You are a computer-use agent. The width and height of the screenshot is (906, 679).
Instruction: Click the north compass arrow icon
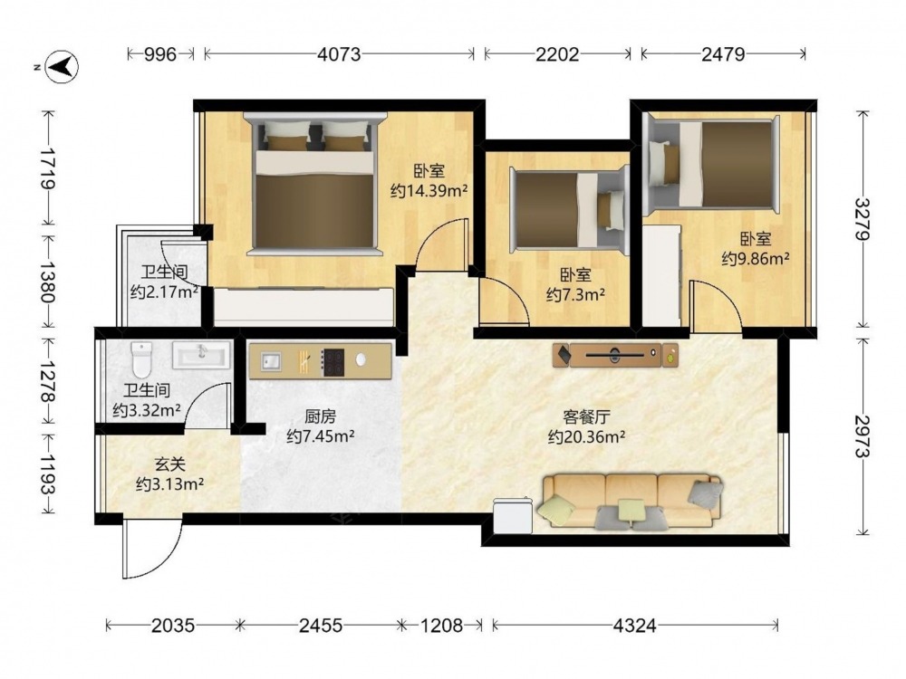[62, 66]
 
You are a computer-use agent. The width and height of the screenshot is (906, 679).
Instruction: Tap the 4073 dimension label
[339, 54]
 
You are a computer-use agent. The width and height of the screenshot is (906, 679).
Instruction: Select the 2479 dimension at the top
[723, 54]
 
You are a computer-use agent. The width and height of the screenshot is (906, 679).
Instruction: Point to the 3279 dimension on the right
[863, 219]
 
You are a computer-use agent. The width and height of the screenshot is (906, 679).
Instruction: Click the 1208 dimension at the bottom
[441, 626]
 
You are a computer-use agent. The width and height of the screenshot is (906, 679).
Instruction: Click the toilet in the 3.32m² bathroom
[141, 359]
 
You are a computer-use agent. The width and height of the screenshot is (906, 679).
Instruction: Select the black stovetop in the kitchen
[333, 363]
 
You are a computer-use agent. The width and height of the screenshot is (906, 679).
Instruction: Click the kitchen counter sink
[270, 362]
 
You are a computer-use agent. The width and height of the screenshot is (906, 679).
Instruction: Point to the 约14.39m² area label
[429, 190]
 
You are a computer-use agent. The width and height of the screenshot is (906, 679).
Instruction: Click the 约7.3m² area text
[575, 295]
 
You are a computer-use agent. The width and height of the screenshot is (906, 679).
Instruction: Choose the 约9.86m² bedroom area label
[756, 258]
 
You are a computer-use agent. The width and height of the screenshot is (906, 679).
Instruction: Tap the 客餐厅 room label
[586, 416]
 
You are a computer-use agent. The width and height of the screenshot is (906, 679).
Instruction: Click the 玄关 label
[170, 464]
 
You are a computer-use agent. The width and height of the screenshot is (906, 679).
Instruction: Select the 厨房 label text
[320, 416]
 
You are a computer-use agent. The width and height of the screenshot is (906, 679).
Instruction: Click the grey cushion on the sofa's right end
[706, 493]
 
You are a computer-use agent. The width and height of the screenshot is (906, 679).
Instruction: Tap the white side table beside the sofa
[513, 515]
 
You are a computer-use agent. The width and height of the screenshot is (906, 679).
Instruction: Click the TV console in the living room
[615, 355]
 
